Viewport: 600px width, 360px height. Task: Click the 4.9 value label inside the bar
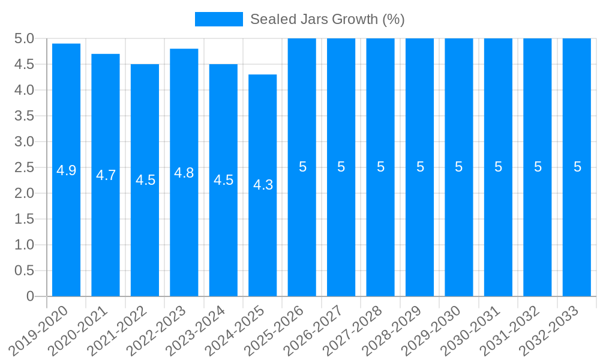point(66,170)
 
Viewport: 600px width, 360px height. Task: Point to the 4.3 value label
point(263,185)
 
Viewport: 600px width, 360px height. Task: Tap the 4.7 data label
point(106,175)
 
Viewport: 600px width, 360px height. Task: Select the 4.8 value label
point(184,173)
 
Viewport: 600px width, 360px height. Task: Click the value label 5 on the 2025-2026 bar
point(302,167)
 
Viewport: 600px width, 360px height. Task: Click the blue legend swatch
point(218,19)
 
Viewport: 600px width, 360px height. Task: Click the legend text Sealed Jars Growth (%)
point(327,19)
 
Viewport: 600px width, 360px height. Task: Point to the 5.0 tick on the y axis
point(24,39)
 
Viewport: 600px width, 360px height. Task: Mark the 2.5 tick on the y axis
point(24,167)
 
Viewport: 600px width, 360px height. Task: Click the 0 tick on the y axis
point(30,296)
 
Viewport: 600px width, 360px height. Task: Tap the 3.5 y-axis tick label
point(24,116)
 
